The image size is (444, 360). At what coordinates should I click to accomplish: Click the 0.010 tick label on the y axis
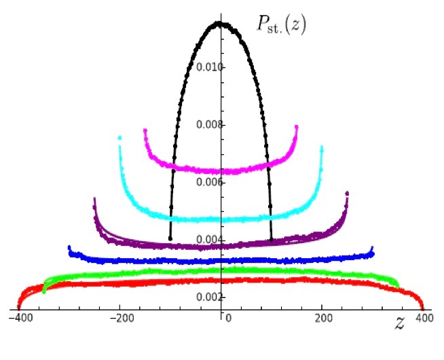208,67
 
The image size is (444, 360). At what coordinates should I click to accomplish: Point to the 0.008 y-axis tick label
208,125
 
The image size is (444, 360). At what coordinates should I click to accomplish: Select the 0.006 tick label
208,182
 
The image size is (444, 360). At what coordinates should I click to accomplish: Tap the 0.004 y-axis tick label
208,240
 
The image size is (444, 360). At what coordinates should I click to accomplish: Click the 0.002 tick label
208,298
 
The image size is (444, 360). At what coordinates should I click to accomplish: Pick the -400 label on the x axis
19,318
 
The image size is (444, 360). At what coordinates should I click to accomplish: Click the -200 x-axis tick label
121,318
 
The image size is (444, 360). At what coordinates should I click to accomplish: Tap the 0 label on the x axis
229,318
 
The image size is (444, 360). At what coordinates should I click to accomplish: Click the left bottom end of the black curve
170,239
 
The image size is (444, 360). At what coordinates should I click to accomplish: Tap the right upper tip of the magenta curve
297,126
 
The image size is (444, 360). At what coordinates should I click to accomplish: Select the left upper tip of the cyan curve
119,137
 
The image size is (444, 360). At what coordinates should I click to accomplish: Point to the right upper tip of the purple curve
347,194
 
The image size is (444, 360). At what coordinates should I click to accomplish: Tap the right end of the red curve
422,307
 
